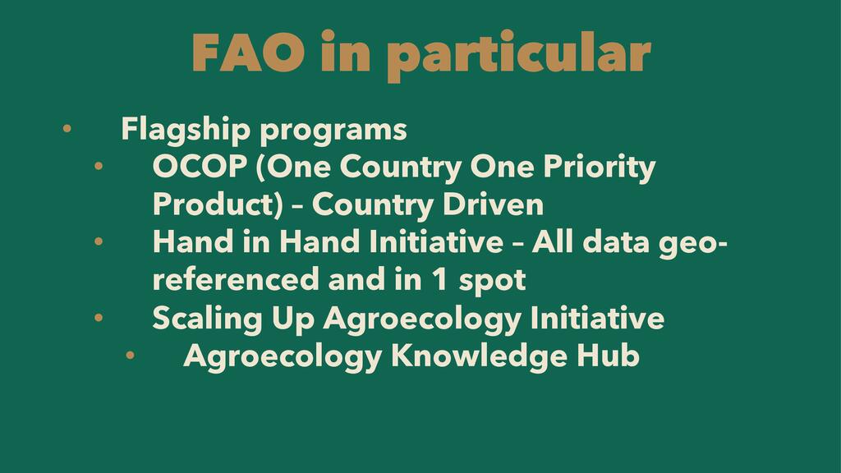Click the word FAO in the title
[x=248, y=53]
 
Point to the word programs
[x=333, y=132]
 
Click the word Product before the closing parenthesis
[x=214, y=204]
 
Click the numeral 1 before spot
[x=440, y=280]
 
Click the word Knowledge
[x=479, y=356]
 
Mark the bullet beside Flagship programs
[x=67, y=129]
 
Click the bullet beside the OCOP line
[x=99, y=166]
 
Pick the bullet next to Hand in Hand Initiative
[x=99, y=242]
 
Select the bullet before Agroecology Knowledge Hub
[x=130, y=355]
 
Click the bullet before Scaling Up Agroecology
[x=99, y=318]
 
